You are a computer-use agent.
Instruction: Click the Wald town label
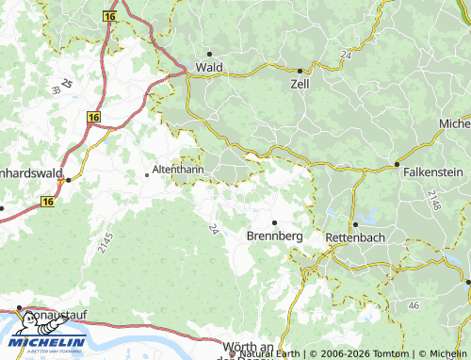tap(208, 68)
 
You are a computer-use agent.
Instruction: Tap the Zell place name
tap(301, 83)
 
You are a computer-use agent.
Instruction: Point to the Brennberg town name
tap(274, 236)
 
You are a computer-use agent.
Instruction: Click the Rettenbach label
tap(354, 237)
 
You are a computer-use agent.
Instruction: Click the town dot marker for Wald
tap(209, 54)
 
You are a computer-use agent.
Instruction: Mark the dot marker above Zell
tap(300, 71)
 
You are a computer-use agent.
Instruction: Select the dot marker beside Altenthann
tap(146, 173)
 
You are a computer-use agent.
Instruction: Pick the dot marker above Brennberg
tap(274, 222)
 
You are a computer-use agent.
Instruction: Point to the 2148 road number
tap(432, 200)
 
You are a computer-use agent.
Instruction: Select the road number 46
tap(414, 306)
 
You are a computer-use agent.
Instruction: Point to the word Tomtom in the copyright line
tap(385, 354)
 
